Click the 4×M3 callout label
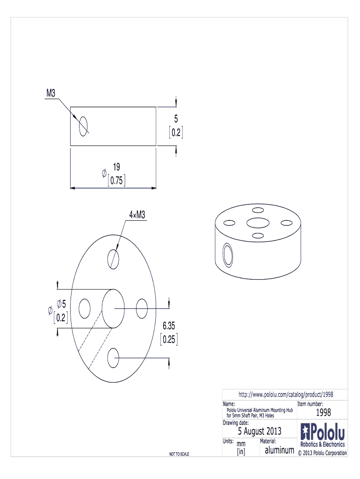137,214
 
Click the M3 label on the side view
51,94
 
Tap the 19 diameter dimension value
117,167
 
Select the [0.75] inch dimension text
116,180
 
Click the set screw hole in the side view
84,125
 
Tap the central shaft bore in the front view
113,308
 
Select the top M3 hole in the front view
113,258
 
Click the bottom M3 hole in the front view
113,359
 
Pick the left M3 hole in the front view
85,308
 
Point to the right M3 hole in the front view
142,308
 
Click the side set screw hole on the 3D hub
228,255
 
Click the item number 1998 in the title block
323,413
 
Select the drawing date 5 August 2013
259,431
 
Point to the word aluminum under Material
279,450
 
